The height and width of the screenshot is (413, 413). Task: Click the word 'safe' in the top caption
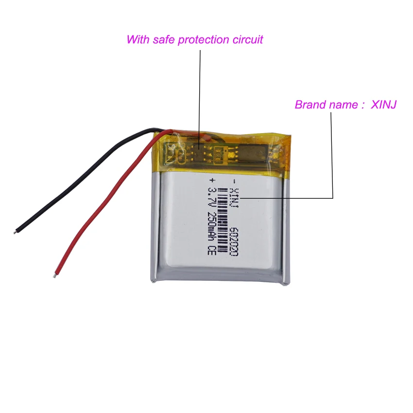[x=161, y=39]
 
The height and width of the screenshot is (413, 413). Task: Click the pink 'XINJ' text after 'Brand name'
[x=384, y=104]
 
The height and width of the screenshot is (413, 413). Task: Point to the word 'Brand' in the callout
[x=310, y=104]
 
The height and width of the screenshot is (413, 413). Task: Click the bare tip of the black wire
[x=17, y=232]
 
